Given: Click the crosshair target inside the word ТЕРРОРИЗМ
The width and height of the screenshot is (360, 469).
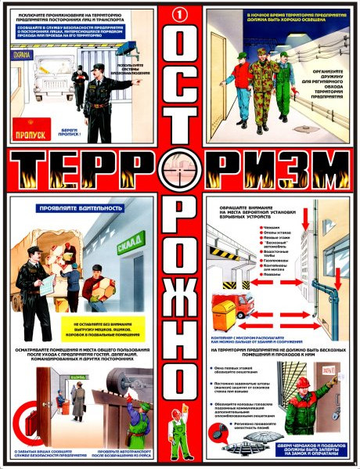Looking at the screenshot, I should pos(179,168).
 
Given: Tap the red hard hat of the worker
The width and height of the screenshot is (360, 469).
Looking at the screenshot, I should pos(301,381).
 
